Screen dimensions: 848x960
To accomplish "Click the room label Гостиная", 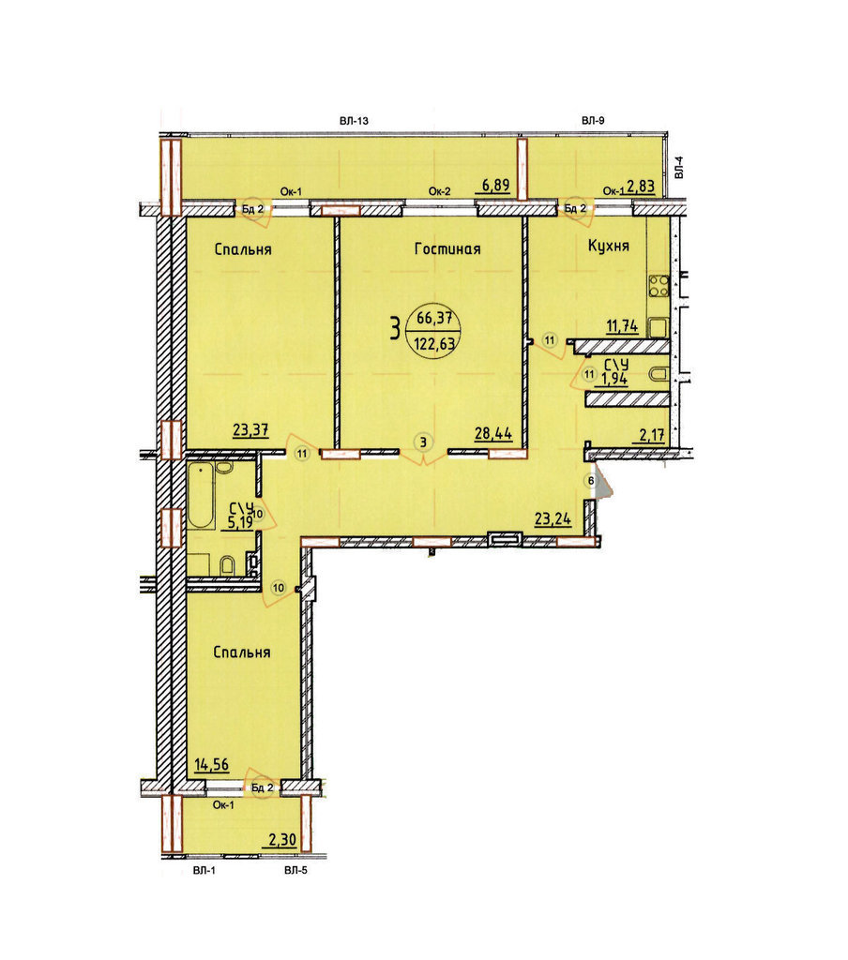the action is click(447, 248).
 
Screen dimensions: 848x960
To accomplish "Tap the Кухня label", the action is click(609, 246).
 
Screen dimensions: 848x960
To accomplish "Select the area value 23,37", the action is click(250, 429).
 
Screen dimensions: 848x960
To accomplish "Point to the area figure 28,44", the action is click(493, 433).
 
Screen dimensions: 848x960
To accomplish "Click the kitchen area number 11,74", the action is click(622, 325).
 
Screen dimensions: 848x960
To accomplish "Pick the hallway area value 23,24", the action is click(553, 519).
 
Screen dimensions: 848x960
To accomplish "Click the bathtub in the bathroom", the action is click(201, 496).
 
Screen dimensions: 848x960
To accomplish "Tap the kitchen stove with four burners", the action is click(659, 286).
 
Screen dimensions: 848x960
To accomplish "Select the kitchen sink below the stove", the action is click(659, 327).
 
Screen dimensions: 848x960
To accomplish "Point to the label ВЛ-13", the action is click(354, 121).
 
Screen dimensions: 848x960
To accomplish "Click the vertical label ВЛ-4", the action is click(678, 167).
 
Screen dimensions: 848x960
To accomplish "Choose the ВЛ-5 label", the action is click(295, 870).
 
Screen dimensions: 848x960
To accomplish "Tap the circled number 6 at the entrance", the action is click(591, 481).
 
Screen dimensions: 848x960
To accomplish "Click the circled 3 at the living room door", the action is click(423, 441).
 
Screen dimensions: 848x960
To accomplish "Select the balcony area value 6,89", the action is click(495, 185).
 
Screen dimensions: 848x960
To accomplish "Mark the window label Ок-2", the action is click(439, 191).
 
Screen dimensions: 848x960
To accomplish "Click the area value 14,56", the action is click(211, 764).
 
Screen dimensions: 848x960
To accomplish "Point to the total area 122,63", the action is click(434, 343).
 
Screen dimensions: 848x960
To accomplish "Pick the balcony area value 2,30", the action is click(282, 839).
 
